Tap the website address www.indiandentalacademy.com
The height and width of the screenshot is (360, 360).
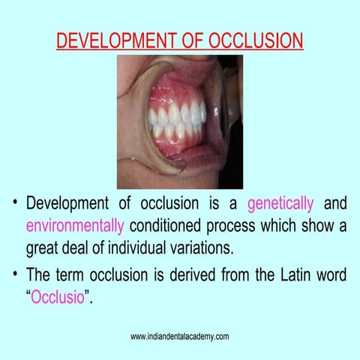point(180,336)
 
